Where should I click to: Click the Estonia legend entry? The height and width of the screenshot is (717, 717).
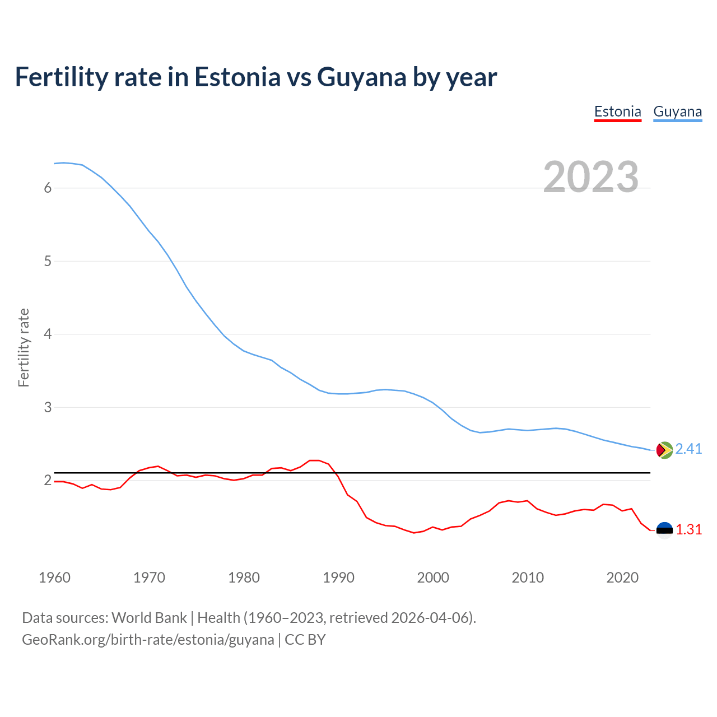617,111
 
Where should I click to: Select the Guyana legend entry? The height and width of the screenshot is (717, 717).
677,111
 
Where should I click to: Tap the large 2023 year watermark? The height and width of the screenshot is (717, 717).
591,177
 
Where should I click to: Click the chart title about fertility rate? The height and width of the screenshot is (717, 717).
256,77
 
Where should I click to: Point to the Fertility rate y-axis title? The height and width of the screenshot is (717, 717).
24,347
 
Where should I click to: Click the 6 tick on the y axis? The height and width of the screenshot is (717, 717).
48,188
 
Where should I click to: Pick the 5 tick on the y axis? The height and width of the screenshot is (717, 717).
48,261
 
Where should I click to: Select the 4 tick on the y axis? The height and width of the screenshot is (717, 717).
48,334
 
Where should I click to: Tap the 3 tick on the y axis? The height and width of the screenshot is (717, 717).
48,407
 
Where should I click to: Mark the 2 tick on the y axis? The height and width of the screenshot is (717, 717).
48,481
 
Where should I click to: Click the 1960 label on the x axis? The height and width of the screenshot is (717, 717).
54,578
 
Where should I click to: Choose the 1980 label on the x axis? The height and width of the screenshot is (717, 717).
244,578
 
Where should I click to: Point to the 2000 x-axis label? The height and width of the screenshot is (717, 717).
433,578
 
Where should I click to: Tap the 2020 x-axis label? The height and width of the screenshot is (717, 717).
622,578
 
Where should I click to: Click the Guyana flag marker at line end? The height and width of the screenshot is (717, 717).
664,450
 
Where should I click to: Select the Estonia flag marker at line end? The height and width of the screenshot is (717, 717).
664,530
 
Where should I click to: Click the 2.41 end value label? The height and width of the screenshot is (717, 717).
688,449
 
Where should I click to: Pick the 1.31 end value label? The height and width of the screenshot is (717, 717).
688,530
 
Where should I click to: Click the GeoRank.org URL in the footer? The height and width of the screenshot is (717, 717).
148,640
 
